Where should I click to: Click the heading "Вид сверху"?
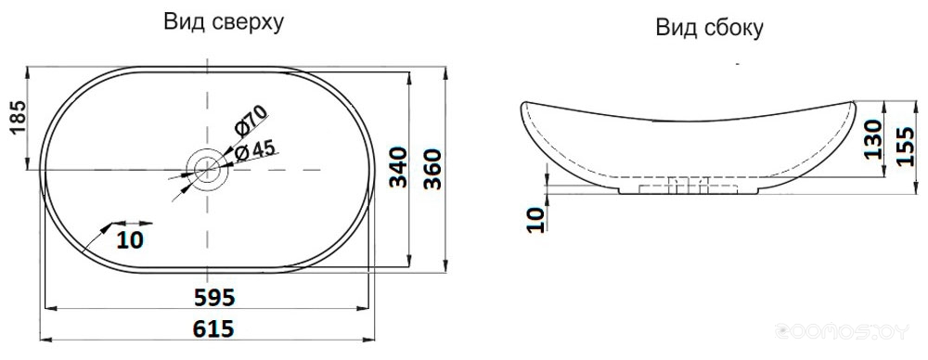point(224,22)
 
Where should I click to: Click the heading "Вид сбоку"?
point(709,28)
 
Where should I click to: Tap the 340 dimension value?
point(399,168)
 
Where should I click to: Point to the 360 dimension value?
point(433,169)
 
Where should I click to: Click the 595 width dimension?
point(214,297)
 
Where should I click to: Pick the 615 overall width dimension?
point(213,328)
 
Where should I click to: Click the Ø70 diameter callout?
point(251,122)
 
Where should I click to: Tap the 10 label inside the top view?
point(130,239)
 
